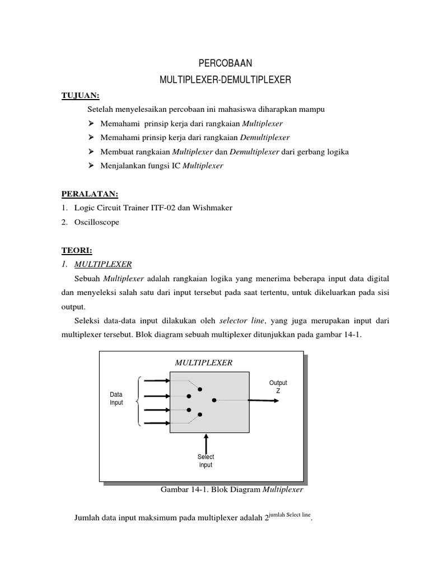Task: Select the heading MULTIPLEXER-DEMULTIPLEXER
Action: point(225,81)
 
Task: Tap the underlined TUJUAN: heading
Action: point(80,96)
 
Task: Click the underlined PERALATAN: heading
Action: point(90,194)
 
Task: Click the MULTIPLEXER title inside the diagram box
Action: point(203,363)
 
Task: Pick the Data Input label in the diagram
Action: point(116,398)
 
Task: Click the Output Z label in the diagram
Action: point(278,387)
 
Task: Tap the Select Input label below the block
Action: point(205,461)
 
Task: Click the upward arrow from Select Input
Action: point(207,442)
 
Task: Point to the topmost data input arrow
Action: point(157,381)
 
